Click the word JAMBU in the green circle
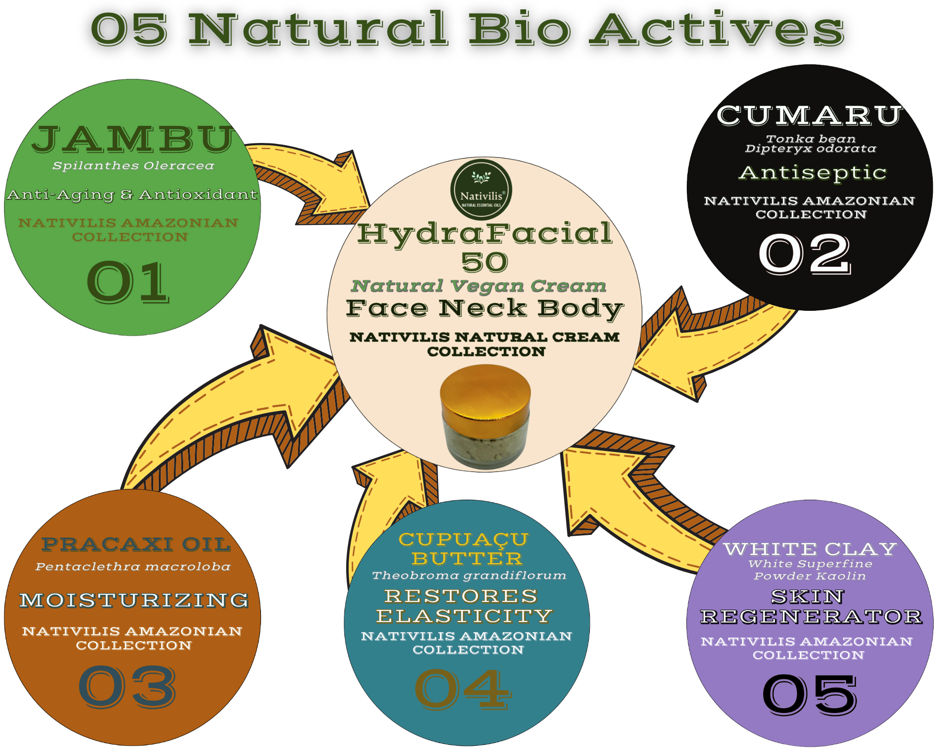[133, 140]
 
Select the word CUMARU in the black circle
[809, 115]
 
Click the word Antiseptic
[812, 173]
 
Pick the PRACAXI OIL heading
[136, 544]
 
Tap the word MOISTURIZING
[134, 600]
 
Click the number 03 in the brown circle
[127, 686]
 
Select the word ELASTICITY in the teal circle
[464, 616]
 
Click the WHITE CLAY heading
[810, 549]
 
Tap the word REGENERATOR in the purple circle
[811, 616]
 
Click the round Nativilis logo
[481, 189]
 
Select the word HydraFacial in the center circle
[485, 233]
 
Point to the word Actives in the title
[717, 29]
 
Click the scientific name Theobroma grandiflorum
[469, 575]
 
